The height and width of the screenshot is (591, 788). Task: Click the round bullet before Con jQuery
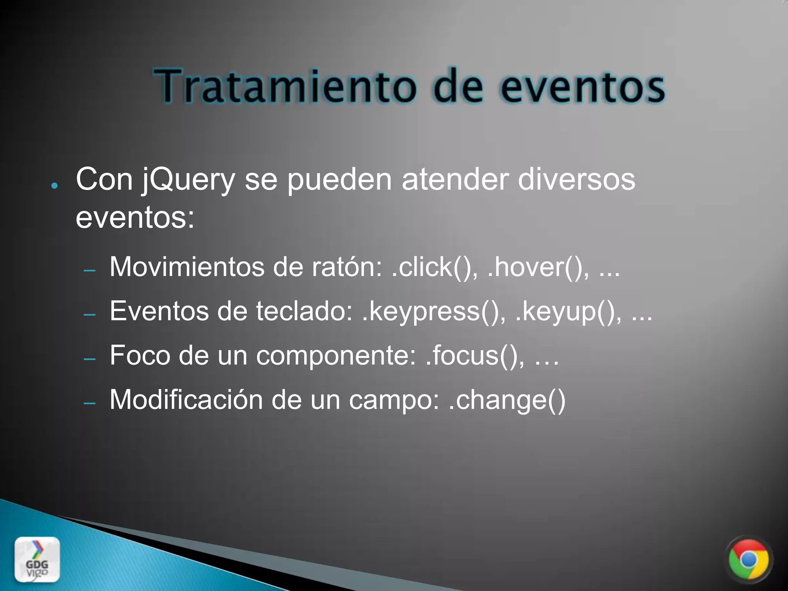54,186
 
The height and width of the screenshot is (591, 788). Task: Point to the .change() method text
507,400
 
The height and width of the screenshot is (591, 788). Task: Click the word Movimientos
187,267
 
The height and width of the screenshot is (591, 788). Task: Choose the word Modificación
186,400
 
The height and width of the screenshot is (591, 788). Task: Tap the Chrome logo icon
748,560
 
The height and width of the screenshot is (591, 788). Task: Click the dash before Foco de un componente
90,359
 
